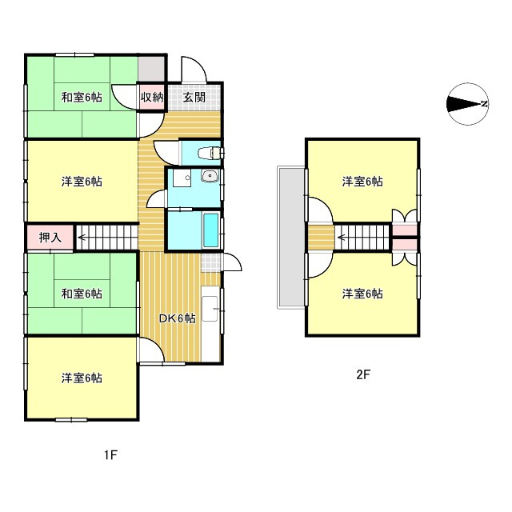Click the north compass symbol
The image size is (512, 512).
(x=467, y=104)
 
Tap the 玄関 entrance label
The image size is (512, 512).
(x=194, y=98)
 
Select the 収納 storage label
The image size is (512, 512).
(x=152, y=98)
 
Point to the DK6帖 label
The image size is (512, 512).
(x=177, y=318)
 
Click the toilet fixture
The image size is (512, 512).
(x=211, y=152)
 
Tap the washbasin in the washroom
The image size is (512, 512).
(x=210, y=178)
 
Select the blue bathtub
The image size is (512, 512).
(x=211, y=231)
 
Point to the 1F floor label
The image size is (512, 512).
(x=110, y=456)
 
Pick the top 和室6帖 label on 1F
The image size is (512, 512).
(x=82, y=98)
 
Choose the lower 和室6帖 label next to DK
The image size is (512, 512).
(x=82, y=294)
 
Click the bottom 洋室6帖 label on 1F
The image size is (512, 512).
(x=82, y=378)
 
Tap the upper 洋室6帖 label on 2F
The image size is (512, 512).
(x=362, y=182)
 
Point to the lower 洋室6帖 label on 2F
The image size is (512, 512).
(x=362, y=294)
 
